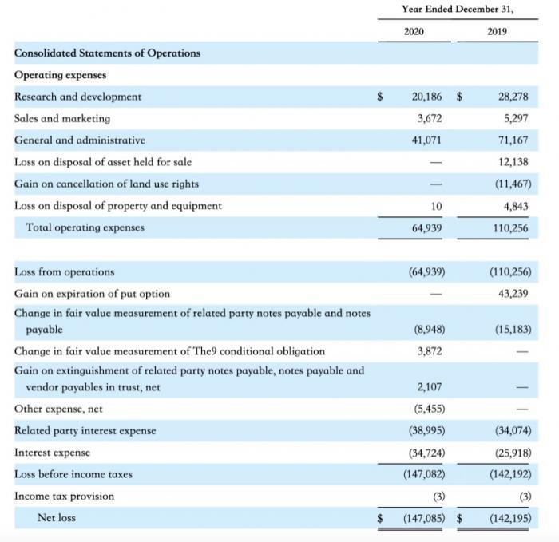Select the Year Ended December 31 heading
coord(458,9)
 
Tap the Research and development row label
coord(78,97)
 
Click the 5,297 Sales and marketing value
coord(513,118)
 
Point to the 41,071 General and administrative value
coord(426,140)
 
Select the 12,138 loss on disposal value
coord(513,162)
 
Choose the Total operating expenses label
coord(85,227)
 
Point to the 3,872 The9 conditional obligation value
coord(430,351)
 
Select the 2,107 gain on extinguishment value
coord(430,387)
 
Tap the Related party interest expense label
coord(85,431)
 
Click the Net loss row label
coord(57,518)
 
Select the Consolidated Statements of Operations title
coord(108,53)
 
